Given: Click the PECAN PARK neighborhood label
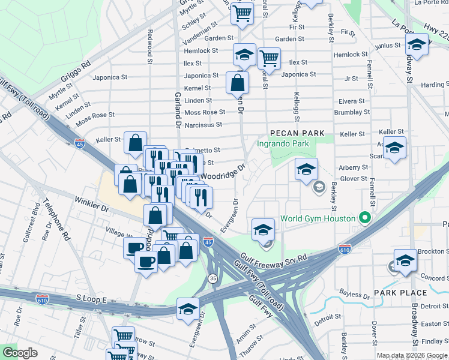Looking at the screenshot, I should (297, 133).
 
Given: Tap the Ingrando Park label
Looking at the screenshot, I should (283, 144).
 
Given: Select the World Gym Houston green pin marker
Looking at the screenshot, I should (363, 218).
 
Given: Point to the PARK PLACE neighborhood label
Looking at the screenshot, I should (400, 293).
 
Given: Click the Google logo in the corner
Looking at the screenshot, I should (20, 353).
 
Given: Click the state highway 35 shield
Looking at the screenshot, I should (212, 278).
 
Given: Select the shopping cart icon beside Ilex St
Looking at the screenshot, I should (270, 59).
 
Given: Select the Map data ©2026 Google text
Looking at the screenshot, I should (412, 355).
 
